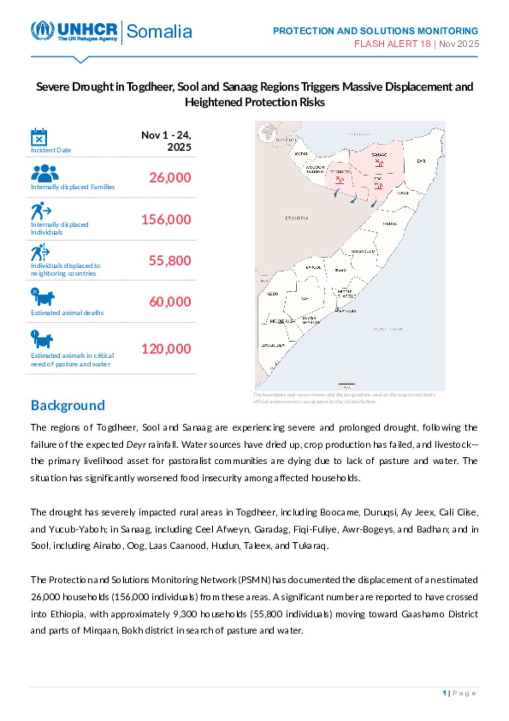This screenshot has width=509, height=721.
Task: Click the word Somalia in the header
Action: (159, 31)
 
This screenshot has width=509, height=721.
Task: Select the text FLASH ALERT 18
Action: (392, 44)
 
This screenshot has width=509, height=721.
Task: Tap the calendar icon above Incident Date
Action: (39, 137)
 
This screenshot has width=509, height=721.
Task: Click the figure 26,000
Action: (170, 178)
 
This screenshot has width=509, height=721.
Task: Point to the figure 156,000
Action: (166, 219)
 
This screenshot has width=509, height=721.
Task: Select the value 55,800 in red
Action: (170, 261)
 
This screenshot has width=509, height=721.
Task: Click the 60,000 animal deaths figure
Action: (170, 302)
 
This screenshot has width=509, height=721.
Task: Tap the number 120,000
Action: (166, 349)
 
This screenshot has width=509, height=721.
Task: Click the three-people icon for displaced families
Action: (45, 173)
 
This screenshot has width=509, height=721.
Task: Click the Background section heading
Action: (68, 406)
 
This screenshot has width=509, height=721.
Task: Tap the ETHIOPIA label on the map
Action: (297, 218)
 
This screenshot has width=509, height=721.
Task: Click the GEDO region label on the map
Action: (273, 294)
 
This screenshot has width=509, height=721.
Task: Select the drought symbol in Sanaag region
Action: (379, 162)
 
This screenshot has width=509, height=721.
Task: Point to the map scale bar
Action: (346, 385)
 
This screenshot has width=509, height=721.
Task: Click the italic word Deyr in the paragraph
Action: (136, 444)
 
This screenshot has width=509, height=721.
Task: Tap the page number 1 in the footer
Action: (444, 693)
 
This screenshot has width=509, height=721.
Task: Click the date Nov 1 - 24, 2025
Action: (166, 141)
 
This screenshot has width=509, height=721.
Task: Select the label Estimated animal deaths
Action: (67, 313)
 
